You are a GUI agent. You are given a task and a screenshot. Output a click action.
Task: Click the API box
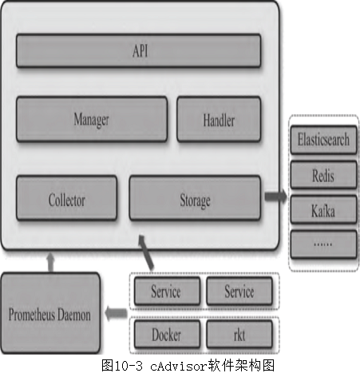click(138, 50)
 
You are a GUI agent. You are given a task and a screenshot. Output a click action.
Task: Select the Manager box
click(92, 119)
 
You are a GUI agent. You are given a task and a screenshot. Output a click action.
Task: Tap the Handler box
click(219, 119)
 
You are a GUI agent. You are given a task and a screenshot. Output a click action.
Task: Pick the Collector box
click(66, 198)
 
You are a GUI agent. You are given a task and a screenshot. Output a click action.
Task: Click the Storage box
click(195, 198)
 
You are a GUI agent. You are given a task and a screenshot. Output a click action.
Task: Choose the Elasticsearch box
click(323, 140)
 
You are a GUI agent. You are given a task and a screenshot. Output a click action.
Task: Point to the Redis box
click(323, 175)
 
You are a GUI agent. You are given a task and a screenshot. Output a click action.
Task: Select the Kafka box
click(323, 209)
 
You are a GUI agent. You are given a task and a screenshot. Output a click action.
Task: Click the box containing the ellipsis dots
click(323, 244)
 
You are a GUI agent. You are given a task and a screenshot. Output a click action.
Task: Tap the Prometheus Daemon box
click(50, 313)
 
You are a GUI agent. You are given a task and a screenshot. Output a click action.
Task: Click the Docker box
click(167, 335)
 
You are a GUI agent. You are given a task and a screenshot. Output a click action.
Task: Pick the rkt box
click(239, 335)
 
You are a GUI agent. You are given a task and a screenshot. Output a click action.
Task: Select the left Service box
click(167, 291)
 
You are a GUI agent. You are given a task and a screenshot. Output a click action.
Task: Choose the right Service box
click(239, 291)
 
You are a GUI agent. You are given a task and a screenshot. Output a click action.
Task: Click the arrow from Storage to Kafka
click(276, 196)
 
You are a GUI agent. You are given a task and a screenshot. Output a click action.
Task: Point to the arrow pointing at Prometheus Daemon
click(116, 313)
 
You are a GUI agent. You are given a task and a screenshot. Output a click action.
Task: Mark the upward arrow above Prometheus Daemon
click(50, 262)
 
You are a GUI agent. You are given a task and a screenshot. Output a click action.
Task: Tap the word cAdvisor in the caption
click(179, 366)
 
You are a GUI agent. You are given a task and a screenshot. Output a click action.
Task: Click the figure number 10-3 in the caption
click(129, 366)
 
